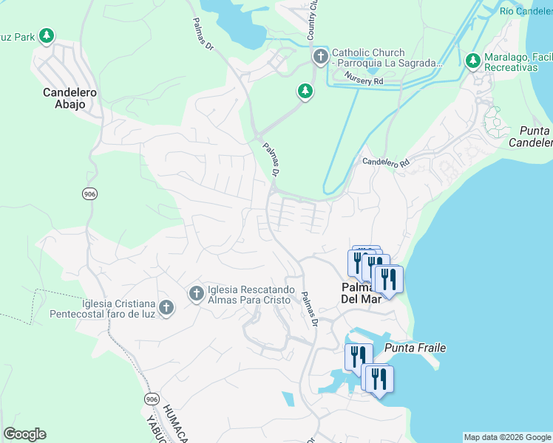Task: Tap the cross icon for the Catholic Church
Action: [320, 57]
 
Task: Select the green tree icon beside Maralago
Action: [473, 61]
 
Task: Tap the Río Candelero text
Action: [526, 11]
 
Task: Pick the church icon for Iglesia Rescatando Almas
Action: [196, 294]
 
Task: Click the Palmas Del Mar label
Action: [360, 293]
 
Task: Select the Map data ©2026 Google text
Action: [506, 437]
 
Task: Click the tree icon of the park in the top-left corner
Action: [47, 35]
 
